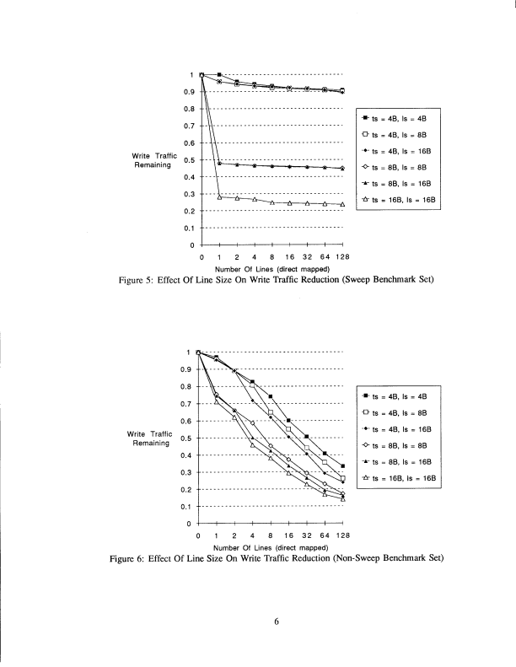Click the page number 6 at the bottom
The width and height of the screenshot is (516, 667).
pos(276,623)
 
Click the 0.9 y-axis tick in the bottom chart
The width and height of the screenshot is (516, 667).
pos(187,369)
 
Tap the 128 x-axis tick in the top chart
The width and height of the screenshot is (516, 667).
pos(342,256)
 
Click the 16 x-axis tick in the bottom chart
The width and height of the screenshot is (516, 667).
pos(288,535)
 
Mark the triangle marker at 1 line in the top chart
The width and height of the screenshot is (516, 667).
pos(219,196)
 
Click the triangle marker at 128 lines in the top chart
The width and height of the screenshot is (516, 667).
pos(342,205)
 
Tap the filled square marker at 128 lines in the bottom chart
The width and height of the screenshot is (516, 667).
pos(342,466)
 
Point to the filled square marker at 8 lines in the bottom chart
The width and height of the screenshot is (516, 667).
pos(271,396)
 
